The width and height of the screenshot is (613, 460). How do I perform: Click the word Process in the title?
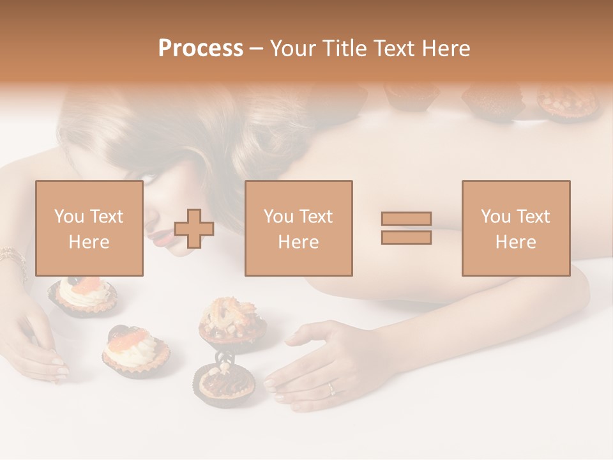201,49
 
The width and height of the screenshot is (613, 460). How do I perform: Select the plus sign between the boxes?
194,229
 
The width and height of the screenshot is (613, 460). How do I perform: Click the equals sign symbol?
406,228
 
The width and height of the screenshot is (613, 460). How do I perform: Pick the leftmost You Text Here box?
89,228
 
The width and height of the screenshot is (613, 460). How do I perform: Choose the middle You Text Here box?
298,228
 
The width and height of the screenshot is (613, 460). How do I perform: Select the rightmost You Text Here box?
515,228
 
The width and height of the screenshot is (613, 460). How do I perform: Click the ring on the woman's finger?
330,388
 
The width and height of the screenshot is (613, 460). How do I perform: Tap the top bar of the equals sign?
406,219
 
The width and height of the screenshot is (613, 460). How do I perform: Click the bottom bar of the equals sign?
406,237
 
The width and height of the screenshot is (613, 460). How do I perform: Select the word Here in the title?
447,49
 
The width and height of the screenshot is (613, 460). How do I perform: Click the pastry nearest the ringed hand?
224,382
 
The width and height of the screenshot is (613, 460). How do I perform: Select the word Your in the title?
294,49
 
